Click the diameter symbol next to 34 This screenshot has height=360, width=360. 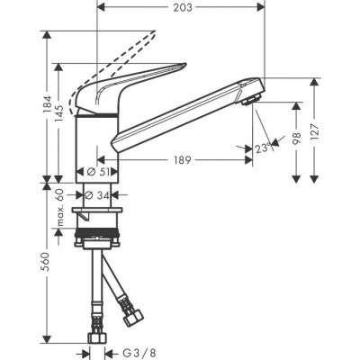(88, 193)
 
